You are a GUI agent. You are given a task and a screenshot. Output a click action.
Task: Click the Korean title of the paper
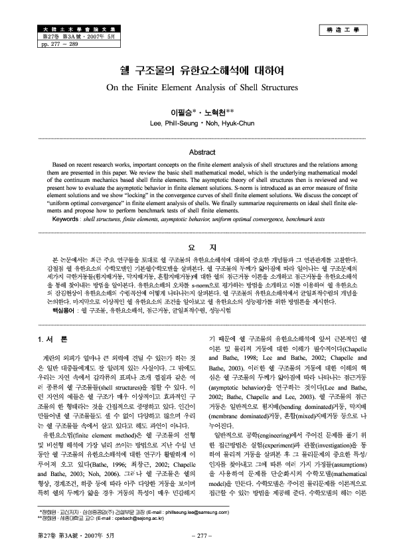(198, 69)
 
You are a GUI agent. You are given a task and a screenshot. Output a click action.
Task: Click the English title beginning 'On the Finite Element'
(197, 86)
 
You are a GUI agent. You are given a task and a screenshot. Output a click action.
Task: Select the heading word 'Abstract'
(197, 153)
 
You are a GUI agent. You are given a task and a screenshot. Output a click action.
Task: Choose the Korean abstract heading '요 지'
(197, 248)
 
